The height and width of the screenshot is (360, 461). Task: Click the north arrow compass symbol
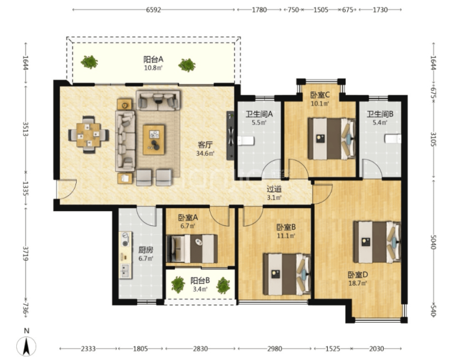26,346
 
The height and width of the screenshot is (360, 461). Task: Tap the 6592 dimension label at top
153,10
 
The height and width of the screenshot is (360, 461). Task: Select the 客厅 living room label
205,145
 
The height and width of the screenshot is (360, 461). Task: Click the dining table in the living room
88,135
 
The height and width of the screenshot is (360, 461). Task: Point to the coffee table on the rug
153,140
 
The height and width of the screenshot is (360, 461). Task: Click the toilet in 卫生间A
245,141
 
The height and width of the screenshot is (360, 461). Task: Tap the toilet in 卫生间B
393,139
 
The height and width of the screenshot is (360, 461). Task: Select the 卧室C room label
320,95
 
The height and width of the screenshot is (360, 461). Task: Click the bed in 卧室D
377,242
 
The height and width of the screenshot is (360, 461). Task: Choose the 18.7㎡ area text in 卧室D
358,283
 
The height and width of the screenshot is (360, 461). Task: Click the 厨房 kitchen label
146,250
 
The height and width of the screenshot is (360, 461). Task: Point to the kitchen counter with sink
125,255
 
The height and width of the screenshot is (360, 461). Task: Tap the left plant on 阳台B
178,285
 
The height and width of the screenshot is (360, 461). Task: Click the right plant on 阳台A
187,65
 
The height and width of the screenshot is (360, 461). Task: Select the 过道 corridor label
274,189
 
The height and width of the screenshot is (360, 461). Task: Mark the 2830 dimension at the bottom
200,349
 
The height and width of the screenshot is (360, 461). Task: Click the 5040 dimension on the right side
433,242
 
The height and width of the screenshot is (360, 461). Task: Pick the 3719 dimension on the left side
26,254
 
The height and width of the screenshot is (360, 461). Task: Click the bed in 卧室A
192,249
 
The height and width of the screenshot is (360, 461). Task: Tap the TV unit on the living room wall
230,136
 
